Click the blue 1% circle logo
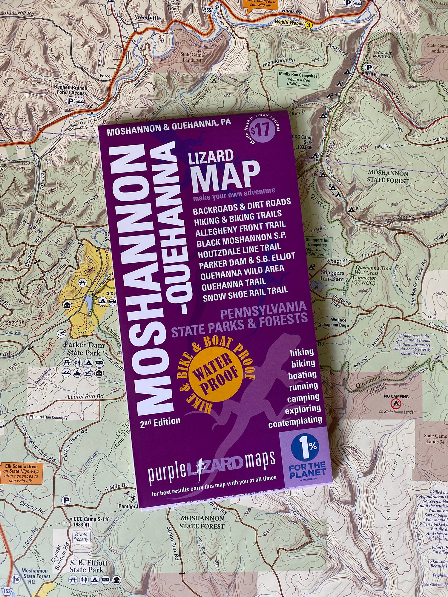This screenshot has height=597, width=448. tap(305, 447)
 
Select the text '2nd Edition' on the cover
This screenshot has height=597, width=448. tap(160, 422)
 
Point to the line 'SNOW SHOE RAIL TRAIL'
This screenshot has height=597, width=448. tap(245, 294)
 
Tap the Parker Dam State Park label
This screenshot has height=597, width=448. tap(84, 349)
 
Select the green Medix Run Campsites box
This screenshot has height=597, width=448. tap(298, 79)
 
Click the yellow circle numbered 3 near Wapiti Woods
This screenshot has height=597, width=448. tap(309, 25)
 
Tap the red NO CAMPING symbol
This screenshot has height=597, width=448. tap(396, 404)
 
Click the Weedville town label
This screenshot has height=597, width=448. tap(148, 18)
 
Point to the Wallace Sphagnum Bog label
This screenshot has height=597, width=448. tap(334, 322)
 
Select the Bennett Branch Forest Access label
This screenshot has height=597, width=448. tap(71, 90)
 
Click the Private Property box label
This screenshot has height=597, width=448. tap(81, 537)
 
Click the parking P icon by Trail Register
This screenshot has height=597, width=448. tap(369, 67)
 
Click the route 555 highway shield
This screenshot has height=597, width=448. tap(208, 10)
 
